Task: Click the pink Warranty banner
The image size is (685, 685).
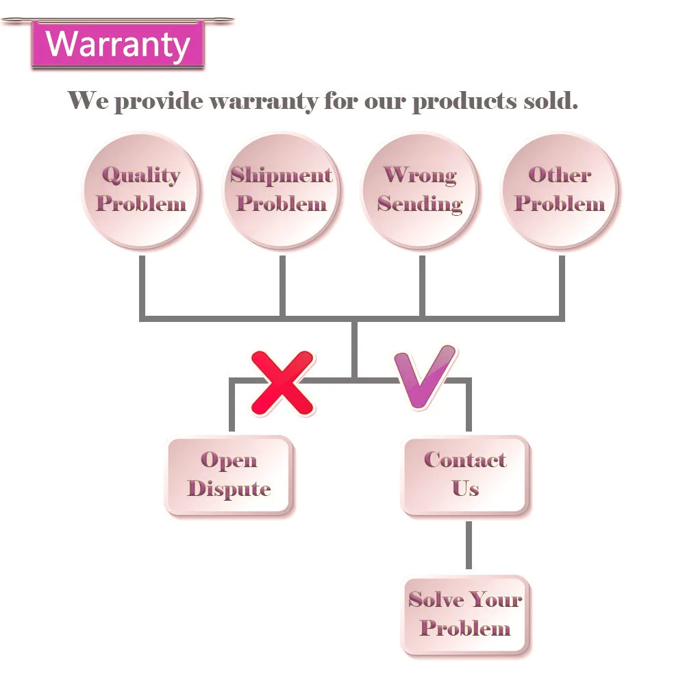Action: pos(118,45)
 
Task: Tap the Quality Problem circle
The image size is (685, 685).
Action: pos(141,190)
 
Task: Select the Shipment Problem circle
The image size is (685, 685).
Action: pos(281,190)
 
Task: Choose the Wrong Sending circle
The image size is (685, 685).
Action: pos(420,190)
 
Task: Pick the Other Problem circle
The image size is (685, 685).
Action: pos(560,190)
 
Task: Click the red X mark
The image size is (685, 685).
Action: pos(282,382)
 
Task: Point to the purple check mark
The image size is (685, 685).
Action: pos(425,377)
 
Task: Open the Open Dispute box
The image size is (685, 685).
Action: pos(229,475)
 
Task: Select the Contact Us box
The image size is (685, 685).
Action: pos(465,475)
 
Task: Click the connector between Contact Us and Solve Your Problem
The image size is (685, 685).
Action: pos(469,545)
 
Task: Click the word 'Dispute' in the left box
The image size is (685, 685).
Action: pos(229,489)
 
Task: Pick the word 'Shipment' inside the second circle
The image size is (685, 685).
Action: pos(281,175)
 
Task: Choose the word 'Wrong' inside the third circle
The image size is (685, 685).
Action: pos(420,175)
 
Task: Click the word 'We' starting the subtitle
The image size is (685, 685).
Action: pos(88,101)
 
